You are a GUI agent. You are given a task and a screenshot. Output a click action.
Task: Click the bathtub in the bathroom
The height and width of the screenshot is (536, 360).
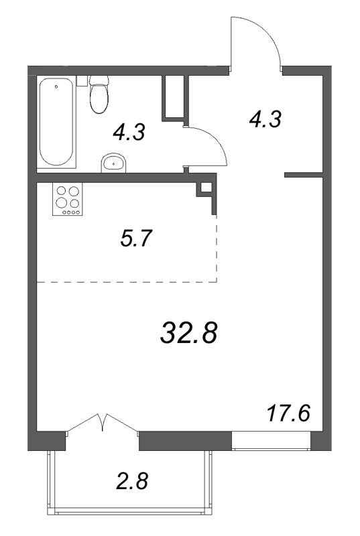point(57,123)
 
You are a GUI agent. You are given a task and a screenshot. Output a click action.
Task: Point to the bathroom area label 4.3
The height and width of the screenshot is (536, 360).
point(129,133)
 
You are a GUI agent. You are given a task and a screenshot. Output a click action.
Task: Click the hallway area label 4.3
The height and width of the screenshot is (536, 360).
point(263,119)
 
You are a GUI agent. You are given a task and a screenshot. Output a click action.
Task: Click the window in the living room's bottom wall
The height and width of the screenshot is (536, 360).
point(271,440)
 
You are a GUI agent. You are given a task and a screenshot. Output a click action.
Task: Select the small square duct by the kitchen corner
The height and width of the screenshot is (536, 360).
point(205,188)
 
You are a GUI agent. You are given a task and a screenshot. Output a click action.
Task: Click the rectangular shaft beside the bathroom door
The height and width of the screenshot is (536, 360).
point(174,97)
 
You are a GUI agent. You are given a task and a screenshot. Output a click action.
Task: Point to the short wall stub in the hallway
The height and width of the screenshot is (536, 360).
point(304,176)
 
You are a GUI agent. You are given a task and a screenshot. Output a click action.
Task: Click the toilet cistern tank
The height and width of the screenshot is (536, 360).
point(100,80)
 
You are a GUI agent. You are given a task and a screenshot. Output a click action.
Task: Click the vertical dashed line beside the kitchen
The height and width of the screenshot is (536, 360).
point(217,248)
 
